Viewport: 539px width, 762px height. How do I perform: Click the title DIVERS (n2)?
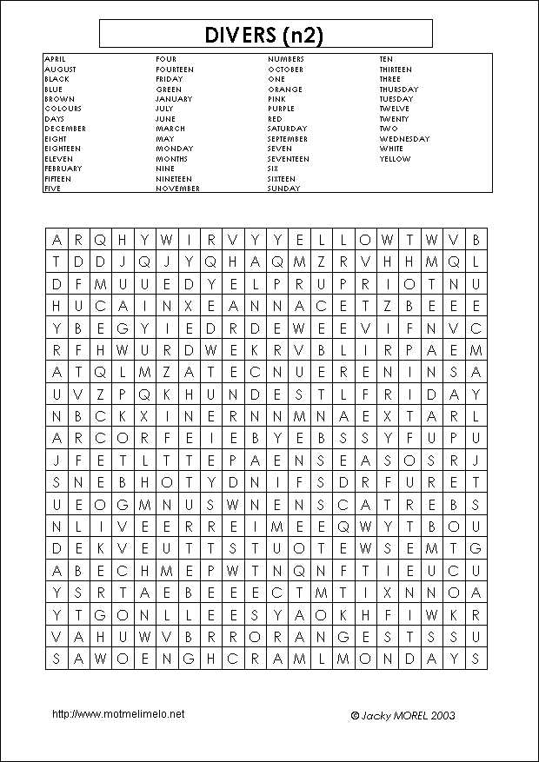coord(266,35)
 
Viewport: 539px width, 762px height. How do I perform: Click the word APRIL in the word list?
coord(55,59)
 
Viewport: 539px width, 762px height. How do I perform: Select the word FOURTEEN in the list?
coord(175,70)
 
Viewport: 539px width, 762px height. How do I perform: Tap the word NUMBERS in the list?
coord(286,59)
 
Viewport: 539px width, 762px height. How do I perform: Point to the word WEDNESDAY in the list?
coord(404,139)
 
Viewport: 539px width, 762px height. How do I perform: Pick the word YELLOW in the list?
coord(395,159)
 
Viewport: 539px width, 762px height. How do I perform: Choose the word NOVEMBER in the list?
coord(178,189)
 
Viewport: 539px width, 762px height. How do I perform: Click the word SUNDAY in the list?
coord(283,189)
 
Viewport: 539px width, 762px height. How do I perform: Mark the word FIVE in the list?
coord(53,189)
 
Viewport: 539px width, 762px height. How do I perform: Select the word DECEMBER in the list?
coord(65,129)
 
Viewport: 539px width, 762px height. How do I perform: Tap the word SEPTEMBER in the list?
coord(288,139)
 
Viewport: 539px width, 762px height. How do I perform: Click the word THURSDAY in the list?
coord(398,89)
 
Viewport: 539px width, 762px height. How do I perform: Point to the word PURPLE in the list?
coord(281,109)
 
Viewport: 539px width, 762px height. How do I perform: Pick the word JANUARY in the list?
coord(174,99)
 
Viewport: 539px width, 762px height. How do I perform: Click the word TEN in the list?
coord(386,59)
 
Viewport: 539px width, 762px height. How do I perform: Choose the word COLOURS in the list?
coord(63,109)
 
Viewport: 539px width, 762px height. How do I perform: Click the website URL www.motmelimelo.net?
coord(118,714)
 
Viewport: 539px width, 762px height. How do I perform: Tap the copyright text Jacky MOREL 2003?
coord(403,716)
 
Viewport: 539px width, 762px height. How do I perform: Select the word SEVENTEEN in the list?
coord(289,159)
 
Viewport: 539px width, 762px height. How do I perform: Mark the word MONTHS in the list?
coord(171,159)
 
